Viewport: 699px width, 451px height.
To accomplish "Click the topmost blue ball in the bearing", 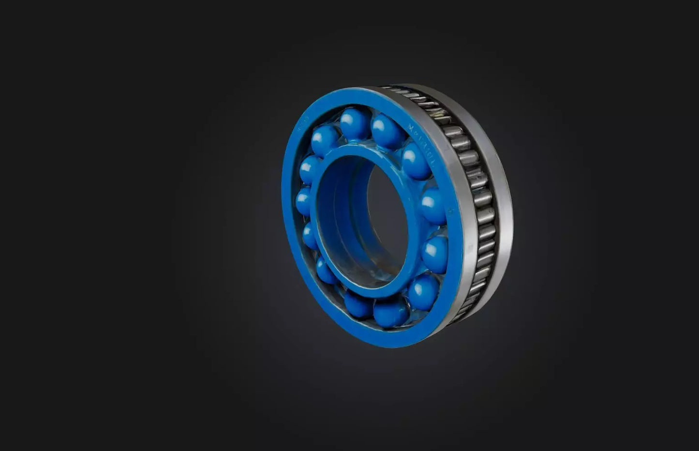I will [x=355, y=124].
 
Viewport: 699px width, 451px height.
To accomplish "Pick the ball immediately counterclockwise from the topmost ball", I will [x=325, y=140].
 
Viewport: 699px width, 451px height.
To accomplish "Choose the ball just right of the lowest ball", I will [x=423, y=292].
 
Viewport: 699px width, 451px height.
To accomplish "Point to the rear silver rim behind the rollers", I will [x=503, y=203].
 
